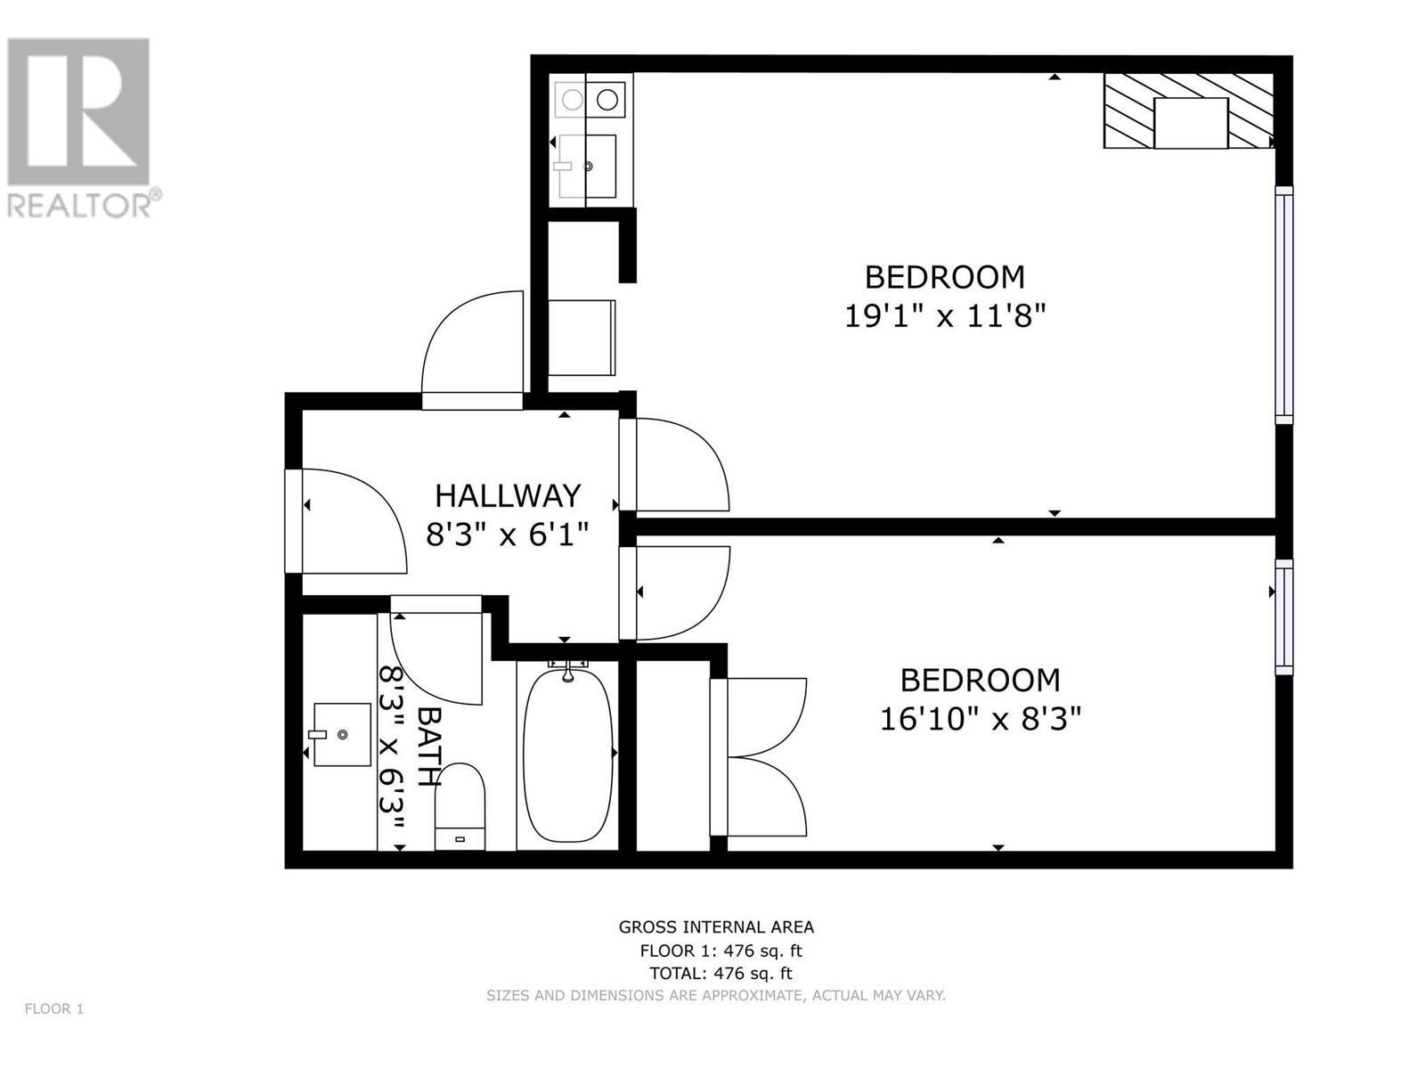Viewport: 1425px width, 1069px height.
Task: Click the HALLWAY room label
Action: point(508,495)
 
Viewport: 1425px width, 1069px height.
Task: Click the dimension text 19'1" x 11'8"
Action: point(944,315)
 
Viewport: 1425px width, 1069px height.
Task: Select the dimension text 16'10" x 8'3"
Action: point(980,718)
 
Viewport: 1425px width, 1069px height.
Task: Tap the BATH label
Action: point(429,747)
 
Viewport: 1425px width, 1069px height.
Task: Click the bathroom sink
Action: point(342,734)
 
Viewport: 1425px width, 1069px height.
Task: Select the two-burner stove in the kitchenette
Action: point(589,100)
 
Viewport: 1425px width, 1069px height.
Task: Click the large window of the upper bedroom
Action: point(1283,305)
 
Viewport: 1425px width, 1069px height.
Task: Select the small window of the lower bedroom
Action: point(1283,616)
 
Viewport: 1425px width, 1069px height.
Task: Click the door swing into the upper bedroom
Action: point(677,465)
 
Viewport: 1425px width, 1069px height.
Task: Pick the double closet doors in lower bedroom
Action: point(761,757)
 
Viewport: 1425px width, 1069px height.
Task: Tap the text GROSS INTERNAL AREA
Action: point(716,927)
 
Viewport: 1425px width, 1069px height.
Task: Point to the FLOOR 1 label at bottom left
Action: point(53,1009)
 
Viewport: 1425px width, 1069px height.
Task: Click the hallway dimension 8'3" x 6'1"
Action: point(508,535)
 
